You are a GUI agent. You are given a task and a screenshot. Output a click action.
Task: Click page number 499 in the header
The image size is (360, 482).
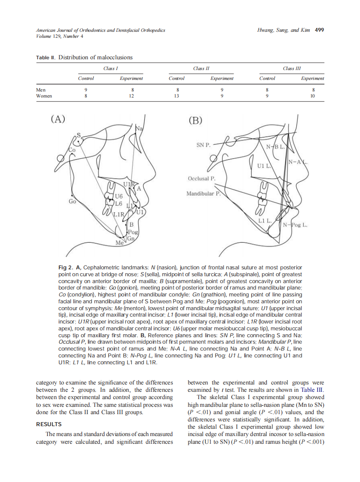pyautogui.click(x=319, y=30)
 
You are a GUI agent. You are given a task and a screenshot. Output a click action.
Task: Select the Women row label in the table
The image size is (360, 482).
pyautogui.click(x=44, y=96)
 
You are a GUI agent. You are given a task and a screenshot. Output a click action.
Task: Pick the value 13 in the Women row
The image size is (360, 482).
pyautogui.click(x=176, y=96)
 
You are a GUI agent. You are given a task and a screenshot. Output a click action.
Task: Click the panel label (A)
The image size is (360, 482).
pyautogui.click(x=58, y=119)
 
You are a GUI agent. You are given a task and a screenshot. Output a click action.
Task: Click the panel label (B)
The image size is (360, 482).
pyautogui.click(x=195, y=120)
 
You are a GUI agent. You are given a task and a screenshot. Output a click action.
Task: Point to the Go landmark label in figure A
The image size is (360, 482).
pyautogui.click(x=72, y=201)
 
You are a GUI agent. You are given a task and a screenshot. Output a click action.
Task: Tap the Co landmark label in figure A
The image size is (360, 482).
pyautogui.click(x=72, y=150)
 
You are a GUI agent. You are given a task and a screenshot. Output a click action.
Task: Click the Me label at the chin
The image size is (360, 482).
pyautogui.click(x=119, y=243)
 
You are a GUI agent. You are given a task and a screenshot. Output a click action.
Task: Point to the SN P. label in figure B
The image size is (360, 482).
pyautogui.click(x=203, y=145)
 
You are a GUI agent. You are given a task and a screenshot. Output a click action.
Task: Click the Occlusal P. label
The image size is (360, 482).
pyautogui.click(x=201, y=178)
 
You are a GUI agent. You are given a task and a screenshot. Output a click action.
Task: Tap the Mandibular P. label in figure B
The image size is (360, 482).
pyautogui.click(x=203, y=194)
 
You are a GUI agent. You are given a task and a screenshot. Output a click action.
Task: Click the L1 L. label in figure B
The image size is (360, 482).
pyautogui.click(x=265, y=220)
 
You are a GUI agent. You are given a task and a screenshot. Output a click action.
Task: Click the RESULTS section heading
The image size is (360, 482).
pyautogui.click(x=49, y=424)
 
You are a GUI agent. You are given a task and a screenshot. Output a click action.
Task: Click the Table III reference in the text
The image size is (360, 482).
pyautogui.click(x=313, y=390)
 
